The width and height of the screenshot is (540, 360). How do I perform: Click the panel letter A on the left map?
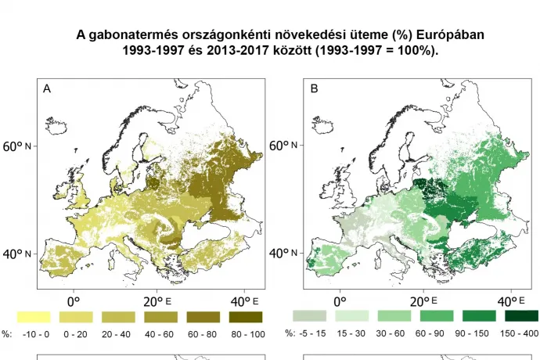point(47,89)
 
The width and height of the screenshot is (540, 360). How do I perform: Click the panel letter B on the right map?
point(314,89)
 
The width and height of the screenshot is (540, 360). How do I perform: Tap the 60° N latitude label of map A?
point(18,146)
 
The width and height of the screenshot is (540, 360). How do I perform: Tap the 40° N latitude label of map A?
point(18,254)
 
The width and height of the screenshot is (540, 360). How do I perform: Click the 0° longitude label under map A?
point(74,301)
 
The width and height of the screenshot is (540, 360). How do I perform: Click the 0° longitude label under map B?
point(340,301)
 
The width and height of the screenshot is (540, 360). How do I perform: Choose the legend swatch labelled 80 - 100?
point(247,316)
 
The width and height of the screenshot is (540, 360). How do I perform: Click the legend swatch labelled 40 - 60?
point(161,316)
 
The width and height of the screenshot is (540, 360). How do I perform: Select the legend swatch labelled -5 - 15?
point(309,316)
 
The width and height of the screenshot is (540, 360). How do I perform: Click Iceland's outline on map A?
point(59,124)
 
